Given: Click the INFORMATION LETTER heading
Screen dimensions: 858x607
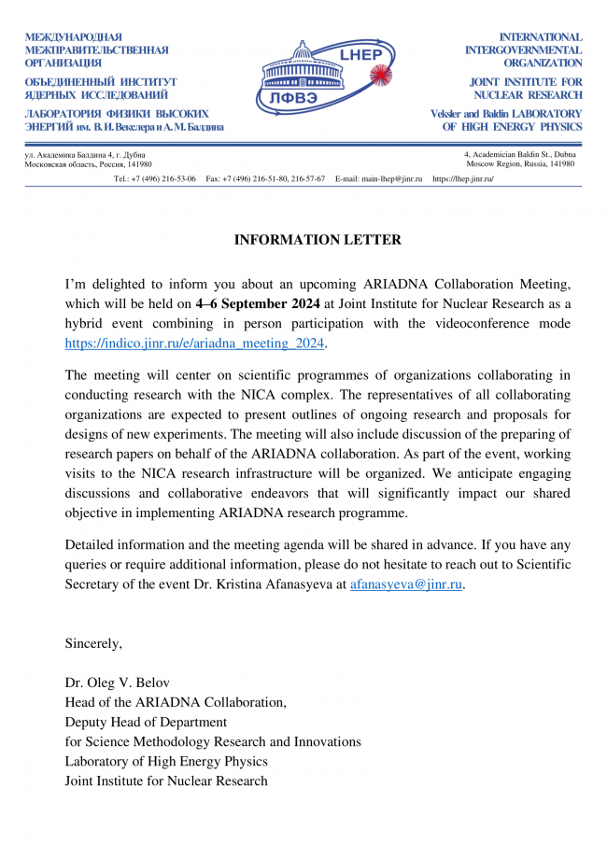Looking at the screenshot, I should pos(318,240).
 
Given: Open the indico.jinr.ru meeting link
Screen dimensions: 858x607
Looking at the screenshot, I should pos(195,343).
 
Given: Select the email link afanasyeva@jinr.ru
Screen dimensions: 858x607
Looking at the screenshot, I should pos(406,584).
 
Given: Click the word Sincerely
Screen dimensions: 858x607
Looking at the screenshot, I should pos(93,643).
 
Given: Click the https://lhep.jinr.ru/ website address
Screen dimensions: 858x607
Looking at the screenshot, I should pos(463,178).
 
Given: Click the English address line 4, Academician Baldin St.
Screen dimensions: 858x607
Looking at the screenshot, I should pos(519,154).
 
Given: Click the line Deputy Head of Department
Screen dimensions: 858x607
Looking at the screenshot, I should pos(146,722).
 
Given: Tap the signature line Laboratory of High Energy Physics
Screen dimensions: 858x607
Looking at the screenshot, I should pos(166,761).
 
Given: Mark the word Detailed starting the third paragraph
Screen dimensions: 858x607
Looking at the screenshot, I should pos(92,545).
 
